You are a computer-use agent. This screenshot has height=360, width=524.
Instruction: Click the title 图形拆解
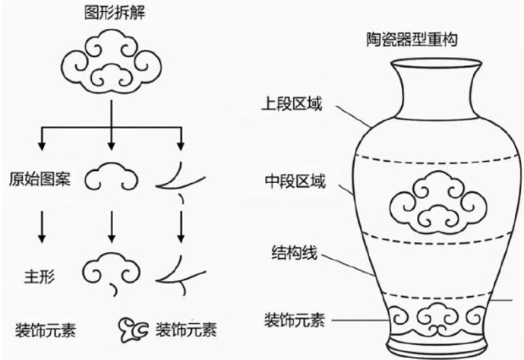pyautogui.click(x=115, y=14)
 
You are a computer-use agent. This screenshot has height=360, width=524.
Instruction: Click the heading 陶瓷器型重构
pyautogui.click(x=412, y=39)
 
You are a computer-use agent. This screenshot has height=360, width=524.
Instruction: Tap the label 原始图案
pyautogui.click(x=39, y=178)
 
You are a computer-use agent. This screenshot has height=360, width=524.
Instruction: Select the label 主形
pyautogui.click(x=39, y=276)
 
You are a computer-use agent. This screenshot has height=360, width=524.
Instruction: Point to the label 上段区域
pyautogui.click(x=292, y=103)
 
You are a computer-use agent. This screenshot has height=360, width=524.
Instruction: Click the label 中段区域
pyautogui.click(x=295, y=182)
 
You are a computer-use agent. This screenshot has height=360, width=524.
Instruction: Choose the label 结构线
pyautogui.click(x=295, y=253)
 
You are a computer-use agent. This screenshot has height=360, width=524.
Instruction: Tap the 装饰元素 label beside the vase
pyautogui.click(x=295, y=320)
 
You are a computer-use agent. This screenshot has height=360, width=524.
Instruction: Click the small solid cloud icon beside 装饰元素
pyautogui.click(x=134, y=330)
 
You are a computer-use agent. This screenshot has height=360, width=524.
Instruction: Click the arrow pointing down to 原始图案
pyautogui.click(x=42, y=138)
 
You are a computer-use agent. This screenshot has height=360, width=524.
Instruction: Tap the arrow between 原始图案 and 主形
pyautogui.click(x=42, y=226)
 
